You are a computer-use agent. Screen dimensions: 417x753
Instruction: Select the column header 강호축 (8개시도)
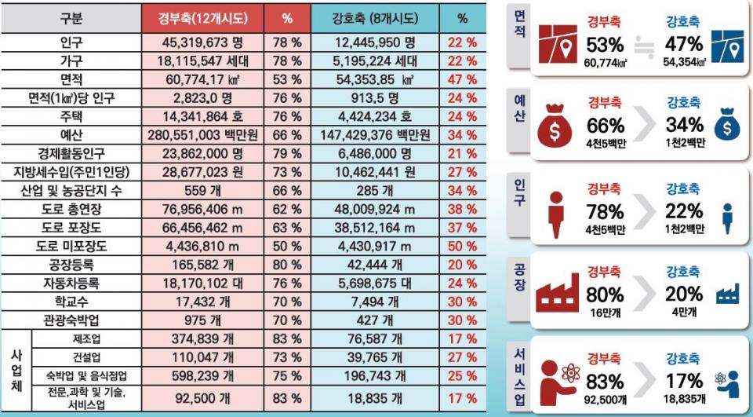click(375, 17)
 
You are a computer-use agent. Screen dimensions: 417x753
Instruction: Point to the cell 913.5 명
click(375, 97)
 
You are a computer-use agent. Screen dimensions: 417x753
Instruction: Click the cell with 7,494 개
click(375, 302)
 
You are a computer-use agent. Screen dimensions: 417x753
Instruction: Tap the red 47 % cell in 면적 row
click(461, 79)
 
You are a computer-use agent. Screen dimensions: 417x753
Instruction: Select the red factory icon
click(557, 294)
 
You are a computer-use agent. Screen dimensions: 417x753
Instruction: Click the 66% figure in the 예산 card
click(605, 126)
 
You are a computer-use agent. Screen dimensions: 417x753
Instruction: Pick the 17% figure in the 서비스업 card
click(684, 381)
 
